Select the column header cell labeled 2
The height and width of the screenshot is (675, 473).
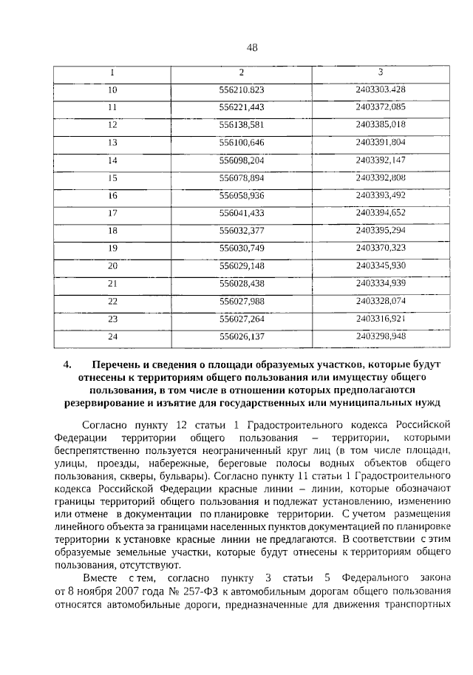241,72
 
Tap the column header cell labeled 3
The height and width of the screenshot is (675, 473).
380,72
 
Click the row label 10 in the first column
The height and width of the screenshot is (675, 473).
112,90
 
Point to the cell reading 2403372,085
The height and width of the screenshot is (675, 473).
380,107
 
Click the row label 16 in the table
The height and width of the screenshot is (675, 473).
112,195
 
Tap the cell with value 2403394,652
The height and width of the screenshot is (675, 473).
380,212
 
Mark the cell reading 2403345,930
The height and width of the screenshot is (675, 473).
380,265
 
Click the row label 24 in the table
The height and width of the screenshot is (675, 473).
112,336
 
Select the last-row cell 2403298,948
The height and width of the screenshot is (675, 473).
380,336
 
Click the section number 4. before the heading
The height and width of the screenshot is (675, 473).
68,364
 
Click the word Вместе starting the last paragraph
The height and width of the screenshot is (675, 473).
100,576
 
